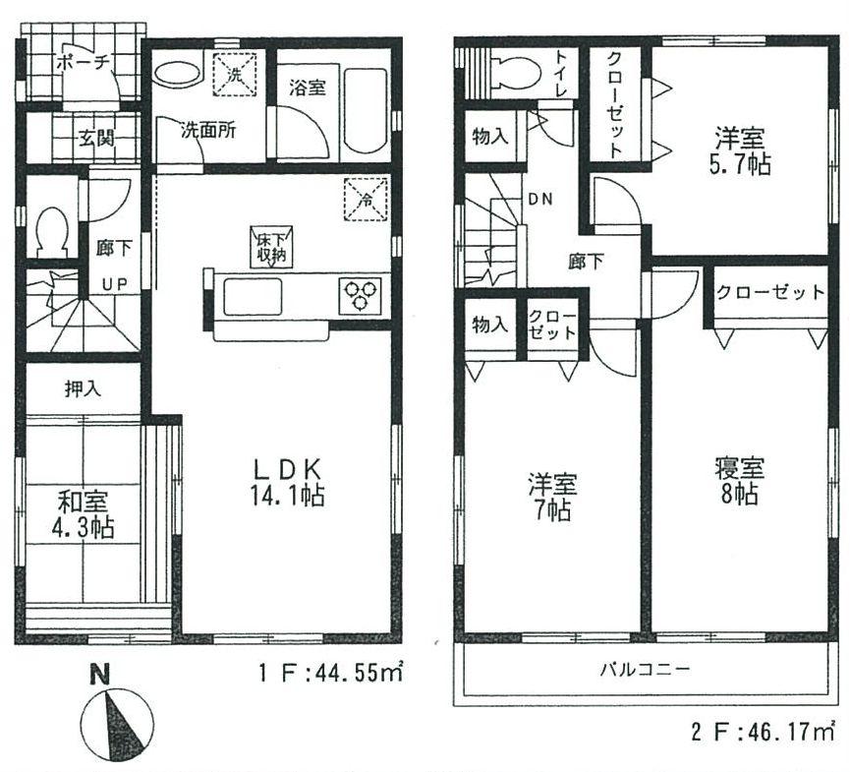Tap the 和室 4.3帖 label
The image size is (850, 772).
tap(84, 514)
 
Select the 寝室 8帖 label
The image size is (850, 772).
tap(734, 480)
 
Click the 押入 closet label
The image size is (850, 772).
tap(83, 388)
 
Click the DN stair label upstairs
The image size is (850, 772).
tap(539, 200)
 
